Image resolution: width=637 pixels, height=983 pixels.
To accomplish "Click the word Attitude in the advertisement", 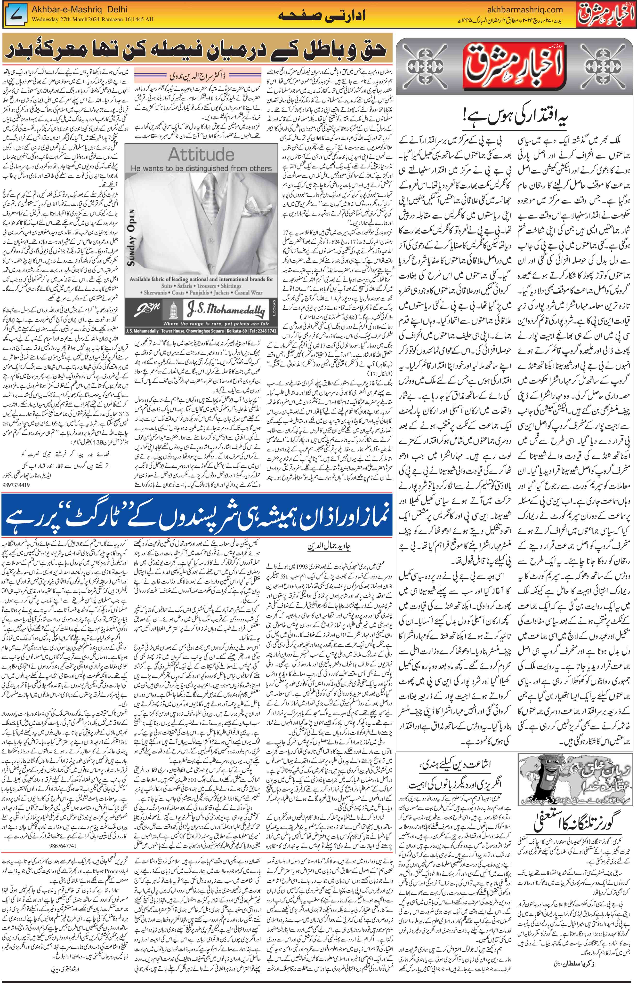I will coord(201,155).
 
